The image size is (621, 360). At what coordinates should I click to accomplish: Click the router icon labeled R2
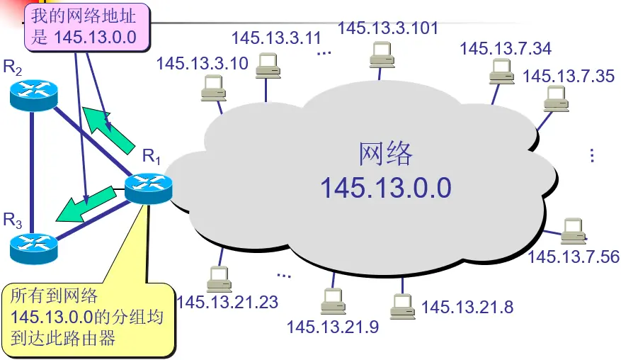[x=33, y=95]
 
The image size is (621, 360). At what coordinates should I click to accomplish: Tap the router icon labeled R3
[x=33, y=245]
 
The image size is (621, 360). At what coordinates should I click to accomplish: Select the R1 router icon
[x=148, y=187]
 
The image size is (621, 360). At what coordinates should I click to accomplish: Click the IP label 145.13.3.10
[x=203, y=64]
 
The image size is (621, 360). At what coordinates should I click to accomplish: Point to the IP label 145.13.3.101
[x=388, y=28]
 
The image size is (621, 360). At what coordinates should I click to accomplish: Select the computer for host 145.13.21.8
[x=401, y=305]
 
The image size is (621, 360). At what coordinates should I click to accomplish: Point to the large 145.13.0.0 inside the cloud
[x=385, y=188]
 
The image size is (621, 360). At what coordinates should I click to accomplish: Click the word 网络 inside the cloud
[x=386, y=154]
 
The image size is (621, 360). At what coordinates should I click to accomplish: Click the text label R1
[x=151, y=157]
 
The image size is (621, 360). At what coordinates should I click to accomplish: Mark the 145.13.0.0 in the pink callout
[x=95, y=36]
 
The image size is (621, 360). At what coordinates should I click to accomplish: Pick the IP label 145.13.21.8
[x=467, y=307]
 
